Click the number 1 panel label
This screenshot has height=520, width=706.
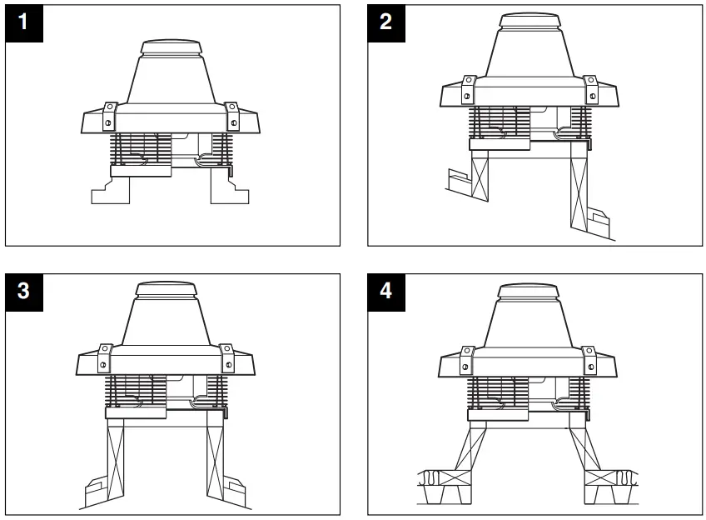coord(22,22)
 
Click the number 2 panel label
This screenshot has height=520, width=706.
coord(385,22)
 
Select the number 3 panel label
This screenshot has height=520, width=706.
coord(22,291)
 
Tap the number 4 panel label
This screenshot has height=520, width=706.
coord(385,291)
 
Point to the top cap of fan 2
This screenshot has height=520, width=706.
coord(528,20)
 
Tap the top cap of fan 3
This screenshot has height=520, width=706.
coord(166,290)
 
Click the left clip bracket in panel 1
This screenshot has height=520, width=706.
coord(108,116)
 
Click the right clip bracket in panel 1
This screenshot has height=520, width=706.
coord(232,116)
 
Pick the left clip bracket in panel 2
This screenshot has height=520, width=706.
coord(467,90)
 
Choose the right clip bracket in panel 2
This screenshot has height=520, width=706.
coord(590,90)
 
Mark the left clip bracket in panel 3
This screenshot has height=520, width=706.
coord(104,357)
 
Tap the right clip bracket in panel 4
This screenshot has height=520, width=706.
coord(589,357)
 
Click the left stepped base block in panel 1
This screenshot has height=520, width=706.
coord(111,191)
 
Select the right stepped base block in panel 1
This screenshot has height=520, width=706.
coord(229,191)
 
